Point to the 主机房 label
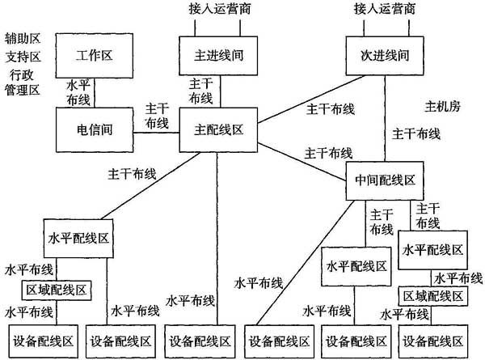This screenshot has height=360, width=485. click(x=442, y=106)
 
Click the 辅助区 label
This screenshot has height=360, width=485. click(x=22, y=38)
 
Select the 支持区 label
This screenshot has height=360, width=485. click(x=22, y=57)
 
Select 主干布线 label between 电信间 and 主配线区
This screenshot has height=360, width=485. click(x=157, y=115)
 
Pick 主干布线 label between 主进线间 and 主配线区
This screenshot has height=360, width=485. click(x=200, y=91)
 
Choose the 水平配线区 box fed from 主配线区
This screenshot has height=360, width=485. click(x=78, y=240)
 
